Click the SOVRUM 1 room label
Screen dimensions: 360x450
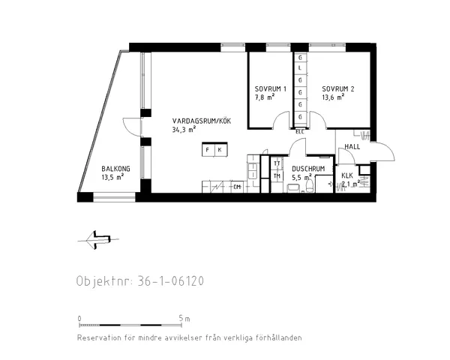(x=270, y=89)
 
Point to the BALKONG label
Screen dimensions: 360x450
(x=115, y=169)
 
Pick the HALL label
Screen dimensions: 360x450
(x=352, y=146)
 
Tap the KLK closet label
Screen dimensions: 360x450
(x=347, y=175)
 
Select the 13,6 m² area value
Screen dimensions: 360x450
(x=333, y=97)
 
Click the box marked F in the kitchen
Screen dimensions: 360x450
(x=207, y=150)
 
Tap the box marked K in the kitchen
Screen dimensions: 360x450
(x=219, y=150)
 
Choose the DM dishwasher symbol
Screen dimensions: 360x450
(x=237, y=186)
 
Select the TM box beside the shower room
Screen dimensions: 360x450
(x=277, y=176)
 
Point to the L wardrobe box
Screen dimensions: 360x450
(x=300, y=69)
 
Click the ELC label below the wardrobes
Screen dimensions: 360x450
(x=300, y=132)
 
